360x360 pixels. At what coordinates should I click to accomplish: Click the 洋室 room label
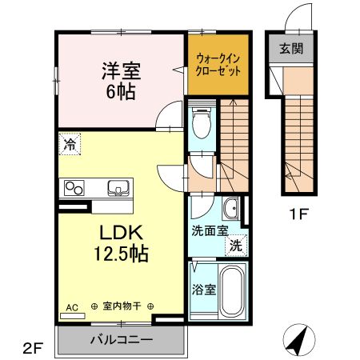121,70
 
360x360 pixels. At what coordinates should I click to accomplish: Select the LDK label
120,234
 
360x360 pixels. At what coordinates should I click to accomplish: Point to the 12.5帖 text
121,255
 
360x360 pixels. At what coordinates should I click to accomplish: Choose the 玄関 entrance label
290,49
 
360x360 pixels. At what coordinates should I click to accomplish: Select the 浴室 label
204,290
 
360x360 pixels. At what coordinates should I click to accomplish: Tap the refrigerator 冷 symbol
70,146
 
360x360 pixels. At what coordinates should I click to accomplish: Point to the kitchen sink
118,189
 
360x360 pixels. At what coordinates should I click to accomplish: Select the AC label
70,306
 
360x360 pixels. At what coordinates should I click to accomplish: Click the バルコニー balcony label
121,341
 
